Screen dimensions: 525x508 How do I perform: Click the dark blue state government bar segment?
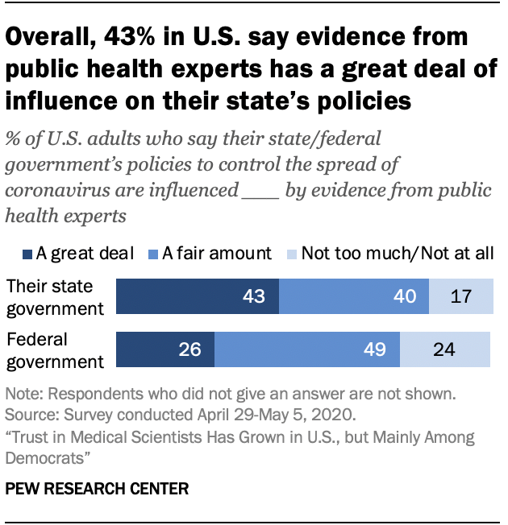[x=198, y=296]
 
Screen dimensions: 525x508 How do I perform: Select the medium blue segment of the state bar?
[x=353, y=296]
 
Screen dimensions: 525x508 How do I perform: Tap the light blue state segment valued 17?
[x=459, y=296]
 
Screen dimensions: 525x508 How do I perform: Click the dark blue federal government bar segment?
[x=165, y=349]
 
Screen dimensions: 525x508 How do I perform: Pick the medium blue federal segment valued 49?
[x=306, y=349]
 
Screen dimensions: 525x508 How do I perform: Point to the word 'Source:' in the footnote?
[x=30, y=416]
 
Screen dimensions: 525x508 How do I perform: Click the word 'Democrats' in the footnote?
[x=43, y=456]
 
